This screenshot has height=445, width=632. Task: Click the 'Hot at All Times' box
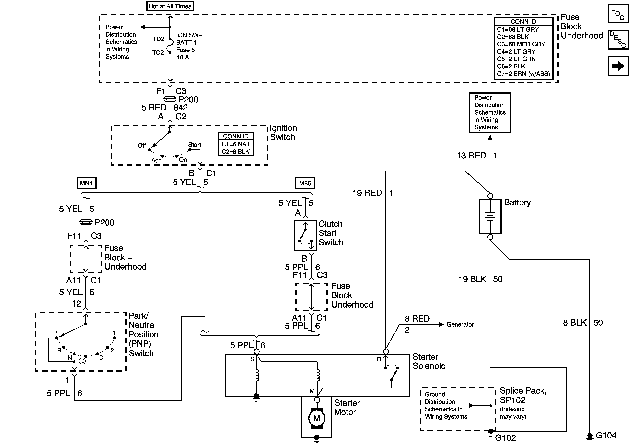point(170,6)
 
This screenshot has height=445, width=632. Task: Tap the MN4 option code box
point(86,183)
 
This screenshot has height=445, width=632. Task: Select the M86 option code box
point(305,183)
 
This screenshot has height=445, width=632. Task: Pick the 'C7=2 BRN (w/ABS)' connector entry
point(523,74)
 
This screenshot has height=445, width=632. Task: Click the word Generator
point(460,324)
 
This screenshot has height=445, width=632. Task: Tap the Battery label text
point(517,203)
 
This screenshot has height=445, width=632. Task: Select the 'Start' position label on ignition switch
point(195,145)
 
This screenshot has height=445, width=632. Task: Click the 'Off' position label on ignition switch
point(142,145)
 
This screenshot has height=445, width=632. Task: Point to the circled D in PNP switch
point(82,361)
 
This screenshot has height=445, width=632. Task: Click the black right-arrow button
point(618,66)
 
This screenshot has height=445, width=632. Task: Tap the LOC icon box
point(618,14)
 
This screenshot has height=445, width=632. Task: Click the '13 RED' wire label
point(471,156)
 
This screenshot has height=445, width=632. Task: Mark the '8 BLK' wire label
point(575,323)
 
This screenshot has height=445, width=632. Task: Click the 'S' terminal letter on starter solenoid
point(252,359)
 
